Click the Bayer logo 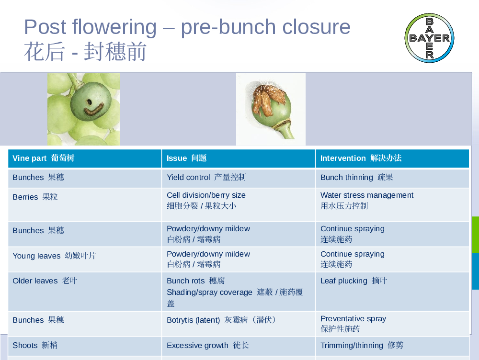click(429, 38)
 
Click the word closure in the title click(316, 27)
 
